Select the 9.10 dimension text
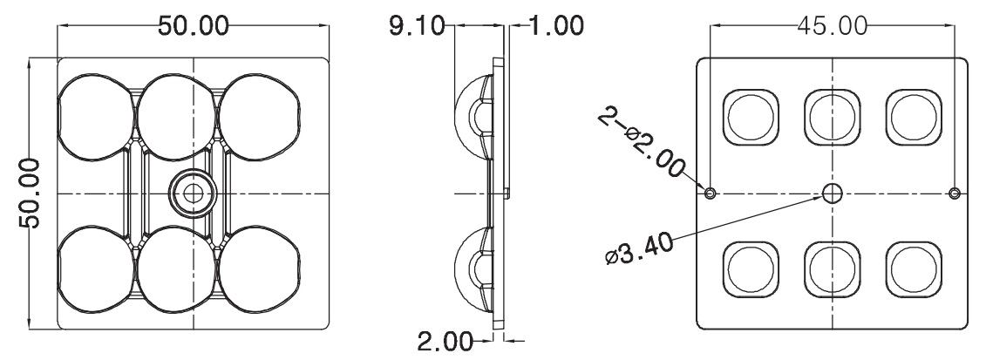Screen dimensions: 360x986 pos(416,24)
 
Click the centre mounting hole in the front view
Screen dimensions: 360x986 pos(187,192)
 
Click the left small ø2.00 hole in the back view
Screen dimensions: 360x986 pos(711,193)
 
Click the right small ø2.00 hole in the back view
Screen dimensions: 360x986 pos(955,193)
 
